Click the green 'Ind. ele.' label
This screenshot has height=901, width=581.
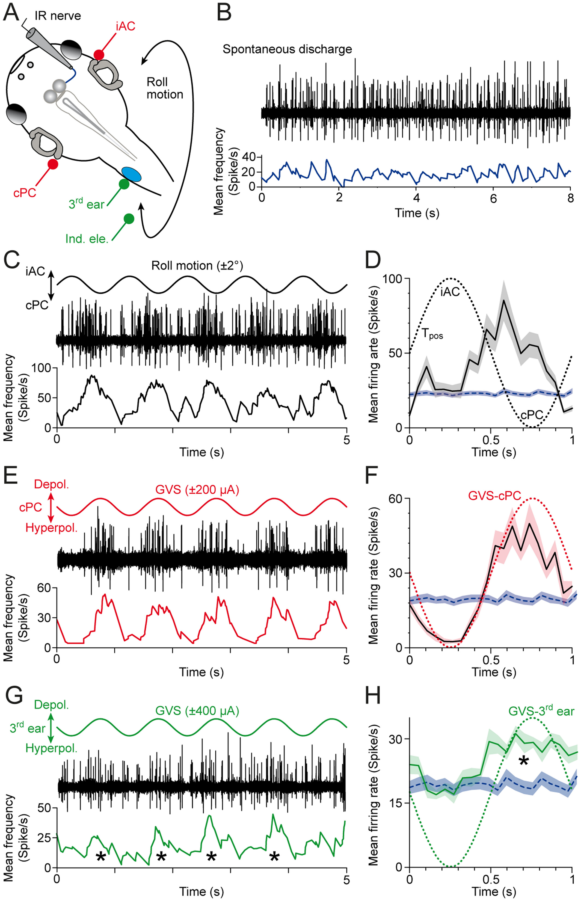click(87, 238)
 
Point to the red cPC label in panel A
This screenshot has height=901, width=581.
click(25, 192)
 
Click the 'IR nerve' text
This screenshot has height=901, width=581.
click(57, 16)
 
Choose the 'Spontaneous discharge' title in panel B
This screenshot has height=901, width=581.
click(287, 49)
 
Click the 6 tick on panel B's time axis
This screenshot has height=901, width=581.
click(493, 198)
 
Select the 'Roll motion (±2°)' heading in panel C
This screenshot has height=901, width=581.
click(197, 266)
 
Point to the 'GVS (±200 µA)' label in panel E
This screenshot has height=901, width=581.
click(197, 490)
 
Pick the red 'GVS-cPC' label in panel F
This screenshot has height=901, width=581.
click(495, 495)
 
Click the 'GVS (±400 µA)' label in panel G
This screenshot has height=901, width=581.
click(197, 711)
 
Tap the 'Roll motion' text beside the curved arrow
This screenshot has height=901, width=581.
click(164, 88)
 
